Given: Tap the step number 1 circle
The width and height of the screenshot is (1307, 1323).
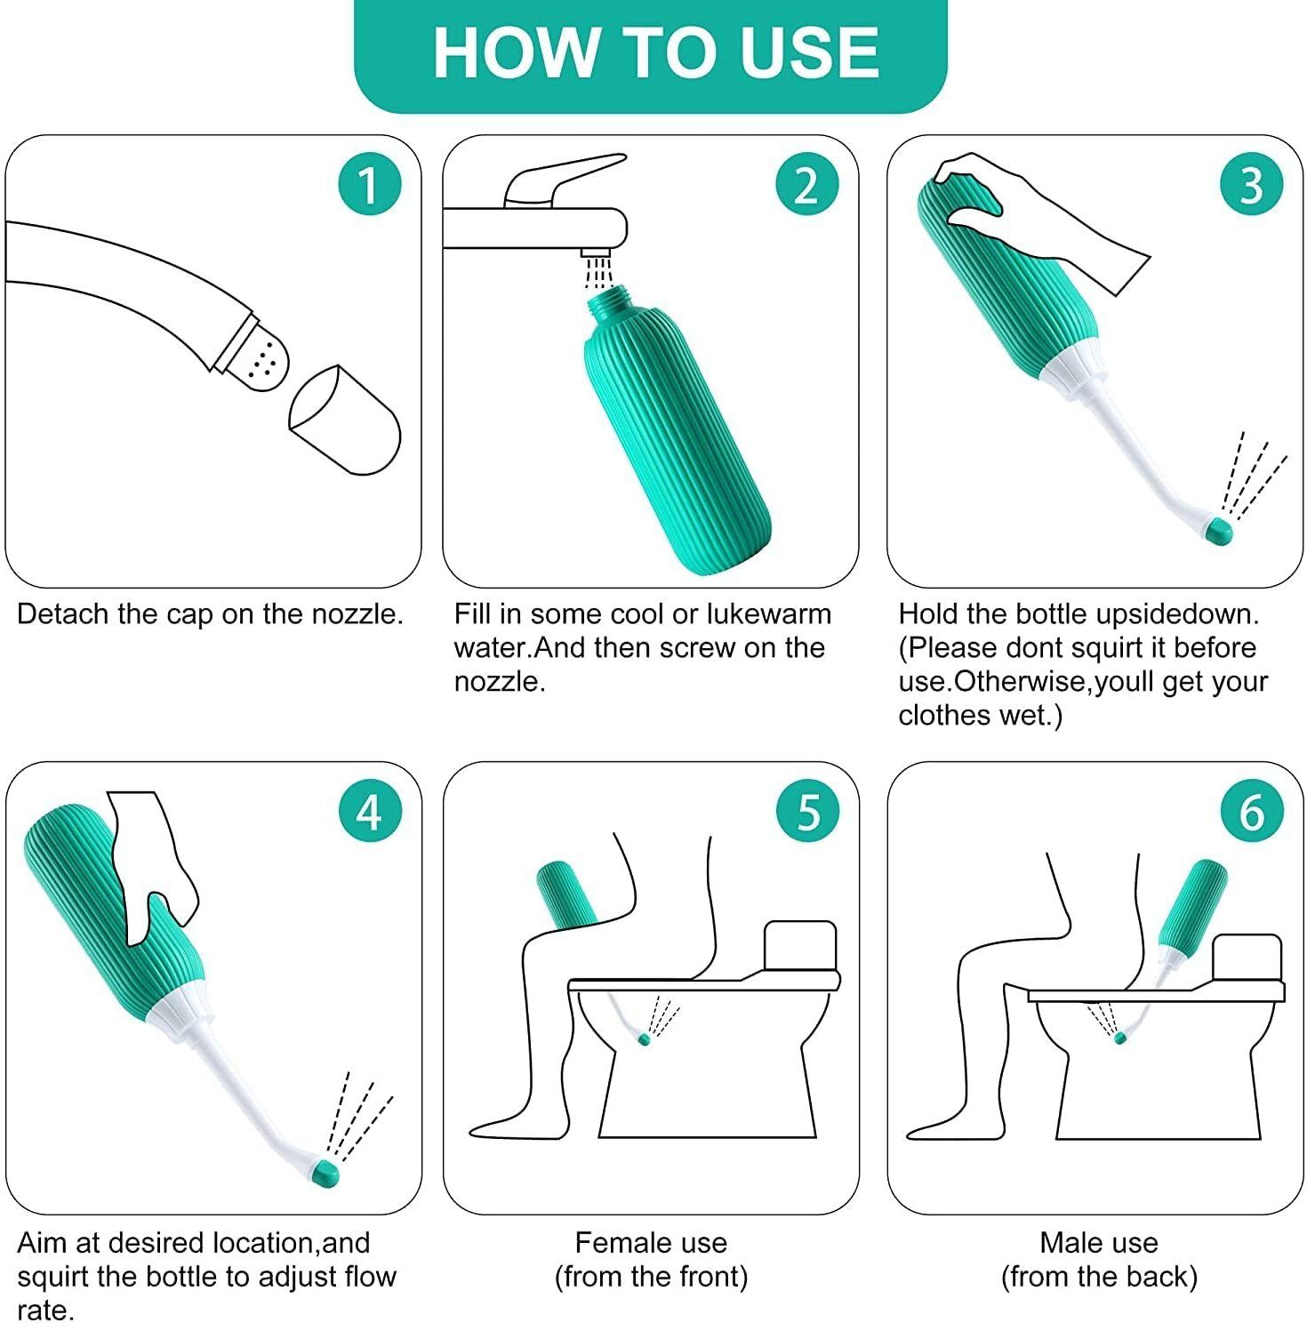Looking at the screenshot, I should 369,184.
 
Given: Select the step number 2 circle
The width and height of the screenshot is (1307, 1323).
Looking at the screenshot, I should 806,184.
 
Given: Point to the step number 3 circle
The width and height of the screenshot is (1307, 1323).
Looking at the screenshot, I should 1251,184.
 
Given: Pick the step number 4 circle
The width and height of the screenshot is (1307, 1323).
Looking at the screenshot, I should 369,811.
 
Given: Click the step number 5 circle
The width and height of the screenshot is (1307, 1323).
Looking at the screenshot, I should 806,811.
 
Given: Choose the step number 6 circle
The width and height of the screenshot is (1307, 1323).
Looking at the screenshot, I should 1251,811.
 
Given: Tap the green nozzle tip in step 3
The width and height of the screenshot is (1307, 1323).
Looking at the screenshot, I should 1218,532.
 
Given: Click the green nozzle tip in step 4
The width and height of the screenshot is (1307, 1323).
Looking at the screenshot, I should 326,1174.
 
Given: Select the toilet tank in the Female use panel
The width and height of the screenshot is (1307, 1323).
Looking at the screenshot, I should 800,948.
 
